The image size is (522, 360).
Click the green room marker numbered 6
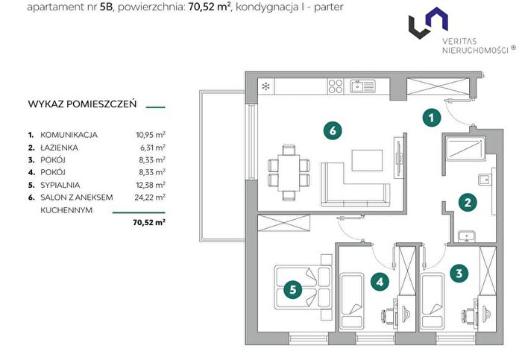333,130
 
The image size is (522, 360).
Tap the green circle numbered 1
432,118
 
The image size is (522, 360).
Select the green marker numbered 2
468,202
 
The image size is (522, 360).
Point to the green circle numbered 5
293,289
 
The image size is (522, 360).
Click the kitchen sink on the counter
362,86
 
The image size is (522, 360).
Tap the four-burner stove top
336,86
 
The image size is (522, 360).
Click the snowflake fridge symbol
265,87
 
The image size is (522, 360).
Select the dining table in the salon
289,173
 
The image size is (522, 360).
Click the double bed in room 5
303,288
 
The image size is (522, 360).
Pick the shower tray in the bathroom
465,148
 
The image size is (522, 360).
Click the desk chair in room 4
388,315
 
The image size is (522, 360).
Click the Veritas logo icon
428,22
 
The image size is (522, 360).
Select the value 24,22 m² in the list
150,198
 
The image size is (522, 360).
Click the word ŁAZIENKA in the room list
59,148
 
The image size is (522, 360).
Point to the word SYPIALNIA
60,185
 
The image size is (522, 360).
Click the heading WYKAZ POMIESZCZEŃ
82,104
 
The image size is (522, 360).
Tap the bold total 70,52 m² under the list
149,222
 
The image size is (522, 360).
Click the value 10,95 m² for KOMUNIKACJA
151,135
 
